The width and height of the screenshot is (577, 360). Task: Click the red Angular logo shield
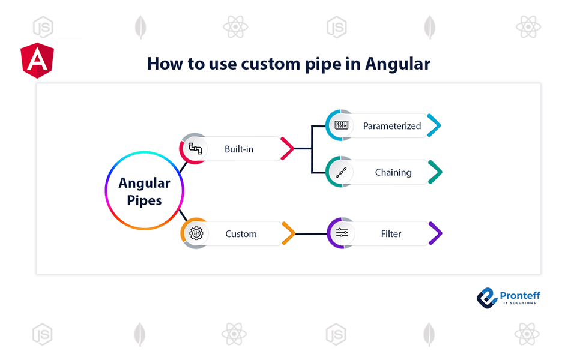(37, 61)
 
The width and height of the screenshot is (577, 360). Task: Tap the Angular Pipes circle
(144, 191)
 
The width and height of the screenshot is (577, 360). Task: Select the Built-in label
(239, 149)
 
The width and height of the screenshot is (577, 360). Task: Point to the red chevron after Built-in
(286, 148)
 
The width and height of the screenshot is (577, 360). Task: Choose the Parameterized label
(391, 126)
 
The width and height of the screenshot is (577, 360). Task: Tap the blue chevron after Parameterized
(434, 126)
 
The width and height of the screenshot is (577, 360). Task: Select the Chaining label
(393, 172)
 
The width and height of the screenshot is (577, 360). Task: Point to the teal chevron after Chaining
(435, 172)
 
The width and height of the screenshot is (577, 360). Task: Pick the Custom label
(241, 233)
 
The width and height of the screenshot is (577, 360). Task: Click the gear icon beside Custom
(196, 233)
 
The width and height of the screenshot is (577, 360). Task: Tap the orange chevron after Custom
(288, 233)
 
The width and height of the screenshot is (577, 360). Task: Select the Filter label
(391, 233)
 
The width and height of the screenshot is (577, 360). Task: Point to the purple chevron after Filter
(435, 233)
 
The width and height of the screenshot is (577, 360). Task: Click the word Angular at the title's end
(398, 64)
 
